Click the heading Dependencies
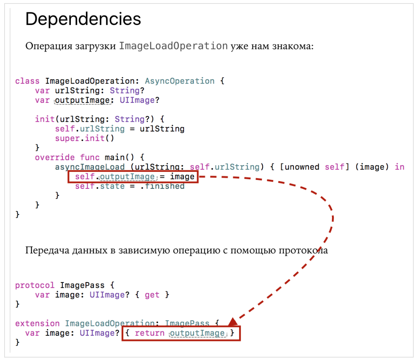(83, 19)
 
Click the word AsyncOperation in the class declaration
(179, 81)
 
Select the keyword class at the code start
(27, 81)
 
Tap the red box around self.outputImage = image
(133, 176)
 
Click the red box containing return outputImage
(181, 333)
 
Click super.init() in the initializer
(84, 138)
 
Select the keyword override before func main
(55, 157)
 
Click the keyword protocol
(35, 285)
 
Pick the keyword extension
(38, 323)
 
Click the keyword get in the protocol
(152, 295)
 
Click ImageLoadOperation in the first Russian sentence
(174, 46)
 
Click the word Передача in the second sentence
(47, 250)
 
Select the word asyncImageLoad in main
(90, 167)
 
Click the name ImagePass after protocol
(82, 285)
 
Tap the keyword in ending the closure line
(399, 167)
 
